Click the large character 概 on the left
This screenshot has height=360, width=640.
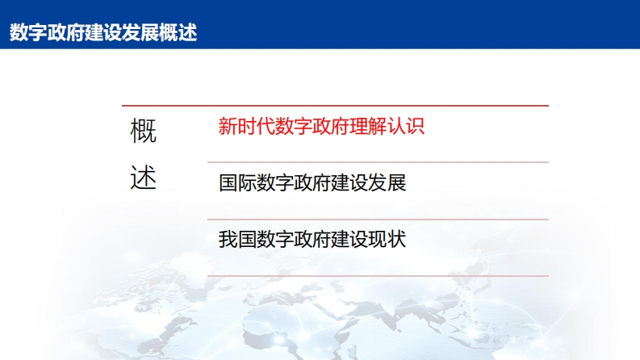[x=144, y=131]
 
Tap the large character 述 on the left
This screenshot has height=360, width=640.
[x=144, y=178]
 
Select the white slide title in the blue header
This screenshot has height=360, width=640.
[x=103, y=32]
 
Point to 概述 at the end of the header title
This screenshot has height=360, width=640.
[x=178, y=32]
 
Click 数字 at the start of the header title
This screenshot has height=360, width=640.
[x=28, y=32]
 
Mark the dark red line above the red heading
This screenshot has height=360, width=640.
[x=335, y=106]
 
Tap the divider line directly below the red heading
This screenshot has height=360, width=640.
[x=378, y=162]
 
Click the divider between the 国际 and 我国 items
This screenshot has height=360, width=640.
[x=378, y=220]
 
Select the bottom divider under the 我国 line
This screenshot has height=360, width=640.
[x=378, y=276]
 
